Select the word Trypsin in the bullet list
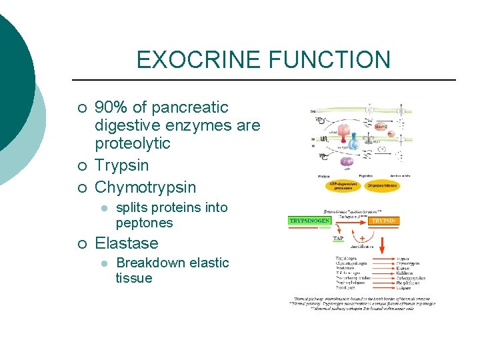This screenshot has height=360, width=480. [122, 165]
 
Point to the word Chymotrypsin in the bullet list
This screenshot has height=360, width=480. [145, 187]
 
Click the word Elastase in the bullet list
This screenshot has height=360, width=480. [127, 243]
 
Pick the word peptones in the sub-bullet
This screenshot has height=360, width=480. [144, 223]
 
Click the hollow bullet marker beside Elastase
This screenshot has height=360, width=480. [81, 244]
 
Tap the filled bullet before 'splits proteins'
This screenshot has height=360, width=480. [103, 208]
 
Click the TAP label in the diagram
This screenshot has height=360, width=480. [339, 238]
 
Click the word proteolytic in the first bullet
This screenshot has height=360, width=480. [133, 143]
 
